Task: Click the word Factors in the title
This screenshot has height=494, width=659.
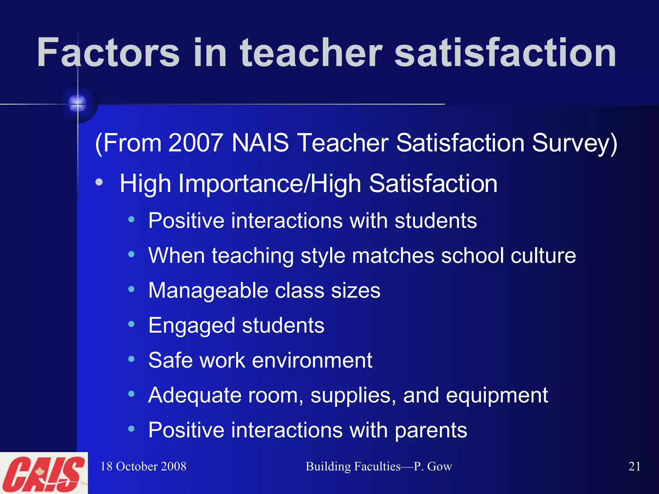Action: [x=108, y=52]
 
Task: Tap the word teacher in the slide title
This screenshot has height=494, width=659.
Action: [x=311, y=52]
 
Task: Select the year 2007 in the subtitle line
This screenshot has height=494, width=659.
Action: [x=196, y=143]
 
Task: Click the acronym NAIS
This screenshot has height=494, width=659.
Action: [x=260, y=143]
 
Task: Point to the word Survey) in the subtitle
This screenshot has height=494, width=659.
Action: [x=574, y=143]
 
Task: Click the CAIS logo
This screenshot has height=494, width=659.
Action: [x=43, y=473]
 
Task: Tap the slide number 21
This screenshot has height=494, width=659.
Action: [x=634, y=466]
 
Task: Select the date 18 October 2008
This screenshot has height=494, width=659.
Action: [x=144, y=466]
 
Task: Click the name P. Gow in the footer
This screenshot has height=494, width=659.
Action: [x=433, y=466]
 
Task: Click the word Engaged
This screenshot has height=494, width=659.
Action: [x=192, y=326]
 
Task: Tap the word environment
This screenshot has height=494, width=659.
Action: [x=312, y=360]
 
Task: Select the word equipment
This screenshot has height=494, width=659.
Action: [x=497, y=396]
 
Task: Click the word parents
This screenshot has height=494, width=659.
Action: [x=431, y=430]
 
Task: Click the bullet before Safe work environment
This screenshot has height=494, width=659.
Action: [x=131, y=359]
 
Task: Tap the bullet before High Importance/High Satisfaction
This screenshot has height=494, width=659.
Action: [x=99, y=182]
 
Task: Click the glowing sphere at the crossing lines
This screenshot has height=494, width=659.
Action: [x=78, y=103]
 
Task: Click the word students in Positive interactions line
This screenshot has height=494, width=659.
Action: [x=436, y=221]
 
